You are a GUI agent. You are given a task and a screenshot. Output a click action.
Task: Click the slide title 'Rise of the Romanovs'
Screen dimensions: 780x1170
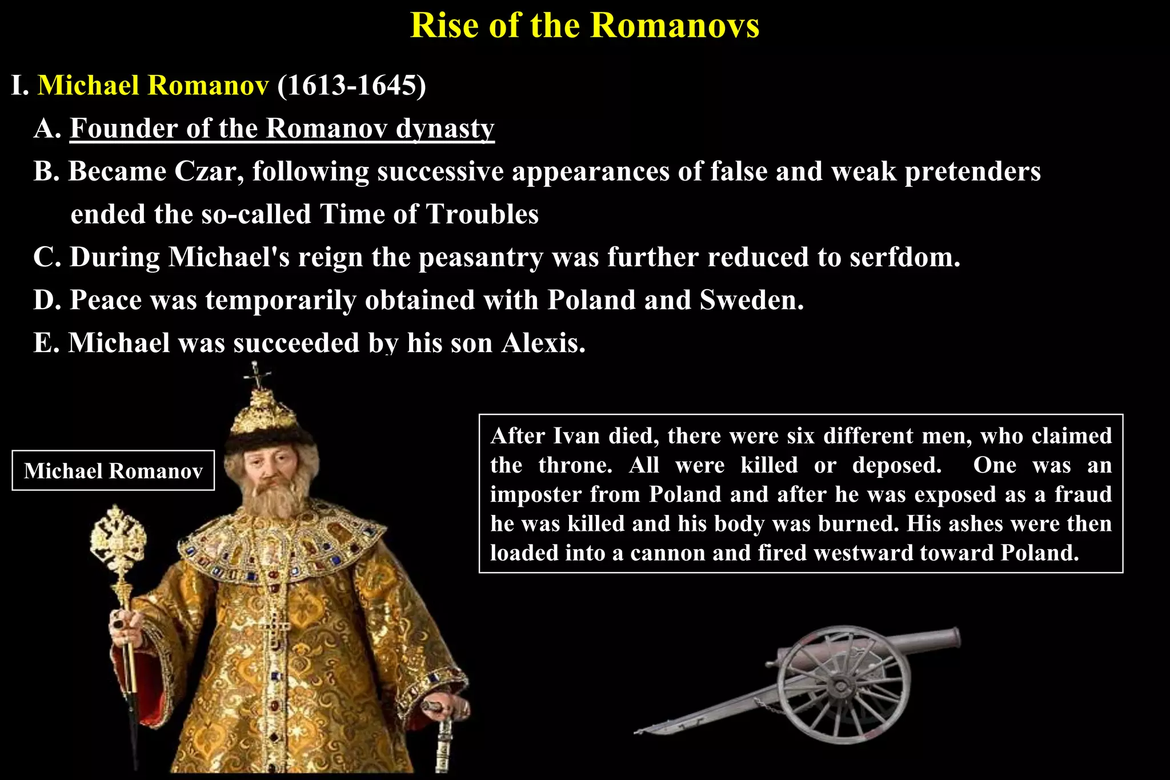(x=584, y=26)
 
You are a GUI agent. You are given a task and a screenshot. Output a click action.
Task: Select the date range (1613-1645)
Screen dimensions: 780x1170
(x=351, y=86)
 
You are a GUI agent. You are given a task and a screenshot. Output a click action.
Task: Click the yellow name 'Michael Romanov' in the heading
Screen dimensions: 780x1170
(x=153, y=86)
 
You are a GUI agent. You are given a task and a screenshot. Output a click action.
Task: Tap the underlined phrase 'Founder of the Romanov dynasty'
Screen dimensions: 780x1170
(x=282, y=129)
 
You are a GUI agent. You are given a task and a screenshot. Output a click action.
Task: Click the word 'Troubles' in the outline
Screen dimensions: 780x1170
(x=483, y=215)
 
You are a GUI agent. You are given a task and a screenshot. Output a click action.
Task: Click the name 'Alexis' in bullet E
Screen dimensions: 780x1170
(x=543, y=343)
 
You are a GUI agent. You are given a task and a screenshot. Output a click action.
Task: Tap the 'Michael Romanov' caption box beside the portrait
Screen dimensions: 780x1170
(x=113, y=471)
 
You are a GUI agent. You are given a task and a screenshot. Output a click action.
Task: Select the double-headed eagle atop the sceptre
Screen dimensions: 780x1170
(x=118, y=534)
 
